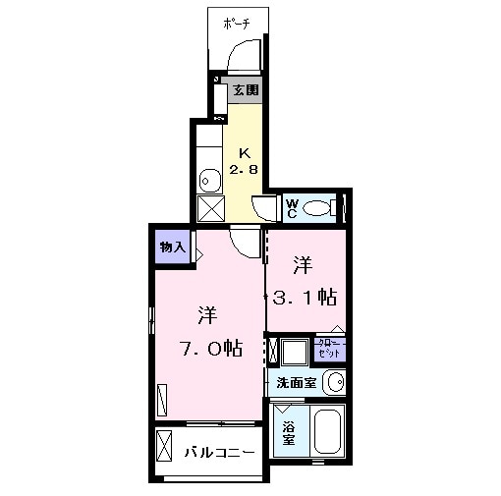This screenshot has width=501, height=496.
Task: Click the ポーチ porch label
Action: tap(236, 23)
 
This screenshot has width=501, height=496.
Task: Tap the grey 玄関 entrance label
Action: tap(246, 90)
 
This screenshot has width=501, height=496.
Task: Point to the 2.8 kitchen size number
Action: tap(244, 170)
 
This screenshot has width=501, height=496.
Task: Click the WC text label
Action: tap(292, 207)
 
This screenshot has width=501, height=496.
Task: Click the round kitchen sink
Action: tap(208, 179)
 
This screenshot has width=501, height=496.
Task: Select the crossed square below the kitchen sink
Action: tap(209, 208)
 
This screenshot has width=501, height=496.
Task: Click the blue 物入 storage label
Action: tap(172, 248)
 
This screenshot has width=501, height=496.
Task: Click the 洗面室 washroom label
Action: tap(297, 383)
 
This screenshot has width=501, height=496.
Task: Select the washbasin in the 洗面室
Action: tap(335, 382)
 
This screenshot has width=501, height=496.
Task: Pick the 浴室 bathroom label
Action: tap(289, 433)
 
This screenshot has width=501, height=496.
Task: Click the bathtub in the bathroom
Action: tap(327, 433)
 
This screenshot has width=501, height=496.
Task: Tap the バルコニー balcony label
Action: tap(220, 453)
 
